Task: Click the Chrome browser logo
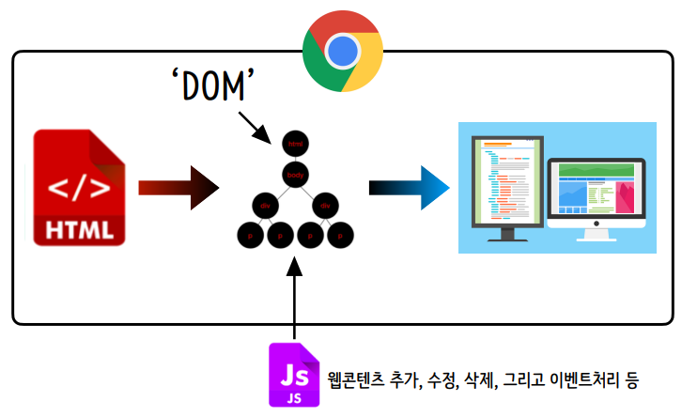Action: (342, 50)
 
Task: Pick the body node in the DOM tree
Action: (296, 175)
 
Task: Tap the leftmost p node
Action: (249, 235)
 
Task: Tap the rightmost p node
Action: (342, 235)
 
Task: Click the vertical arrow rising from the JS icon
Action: (295, 301)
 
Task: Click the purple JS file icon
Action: (294, 375)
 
